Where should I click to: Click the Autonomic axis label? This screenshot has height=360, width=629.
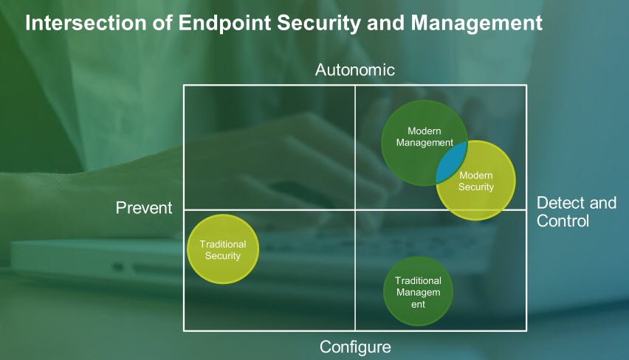(355, 70)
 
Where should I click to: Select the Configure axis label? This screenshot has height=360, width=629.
(355, 346)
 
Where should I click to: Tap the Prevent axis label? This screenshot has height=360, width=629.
(144, 208)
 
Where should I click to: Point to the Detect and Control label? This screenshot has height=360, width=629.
(576, 212)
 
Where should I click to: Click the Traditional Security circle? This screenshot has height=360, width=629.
(223, 249)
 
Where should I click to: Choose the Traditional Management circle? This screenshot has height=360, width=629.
(418, 291)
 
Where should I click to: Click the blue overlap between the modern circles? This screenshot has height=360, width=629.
(450, 163)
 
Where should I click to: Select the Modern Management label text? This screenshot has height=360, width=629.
(424, 136)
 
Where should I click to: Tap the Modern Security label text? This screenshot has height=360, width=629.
(476, 181)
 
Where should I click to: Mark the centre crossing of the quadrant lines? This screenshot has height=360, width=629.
(355, 210)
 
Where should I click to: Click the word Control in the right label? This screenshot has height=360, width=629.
(563, 221)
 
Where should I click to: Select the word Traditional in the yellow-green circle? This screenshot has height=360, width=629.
(223, 244)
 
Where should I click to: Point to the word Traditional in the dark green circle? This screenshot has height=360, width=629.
(418, 280)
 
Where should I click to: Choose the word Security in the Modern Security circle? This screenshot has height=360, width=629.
(476, 187)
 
